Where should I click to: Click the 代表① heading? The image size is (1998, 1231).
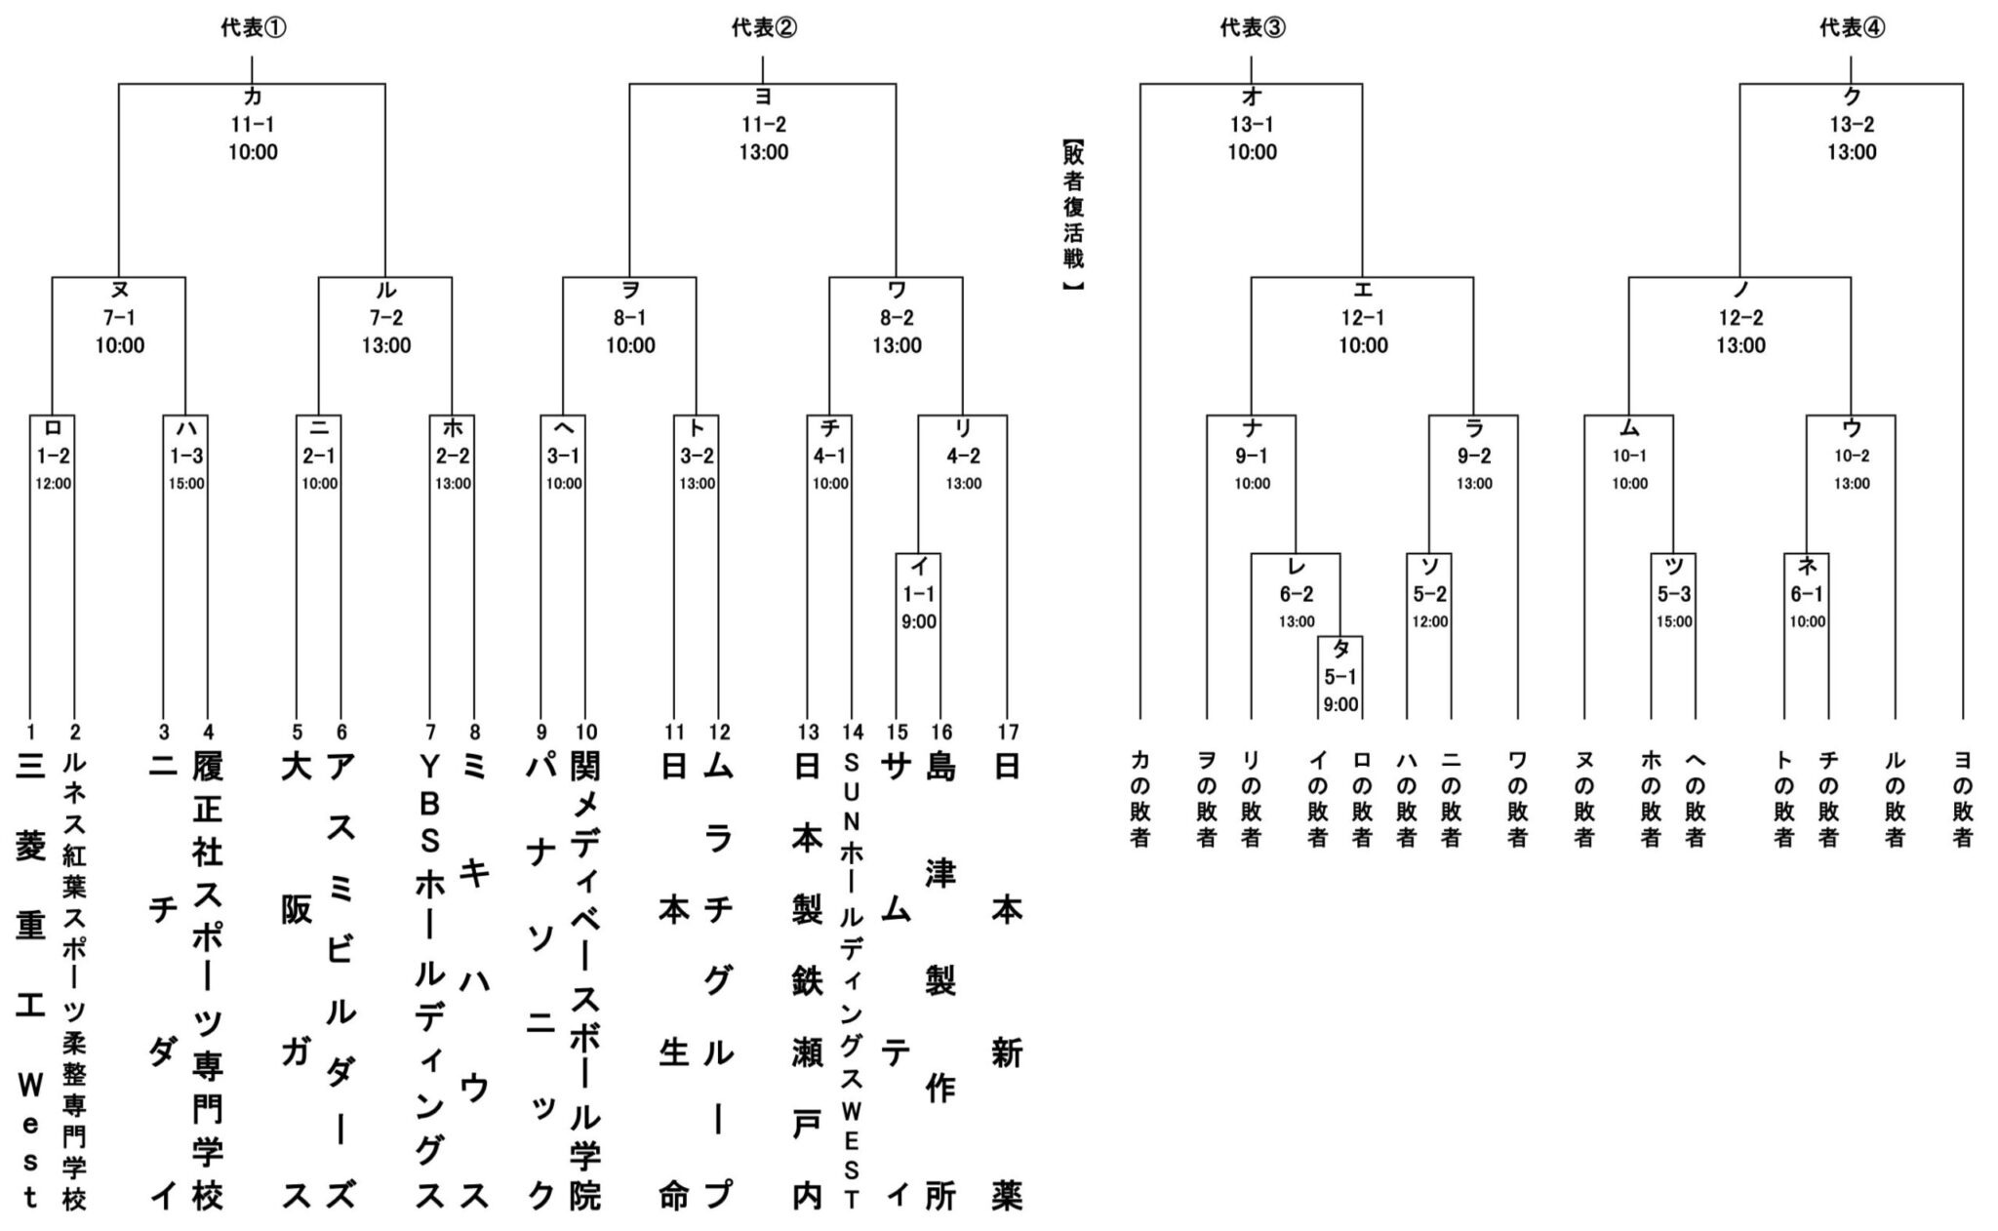253,28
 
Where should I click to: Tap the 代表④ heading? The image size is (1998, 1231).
1852,28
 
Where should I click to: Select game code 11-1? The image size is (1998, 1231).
253,125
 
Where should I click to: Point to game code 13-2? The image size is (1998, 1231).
1852,125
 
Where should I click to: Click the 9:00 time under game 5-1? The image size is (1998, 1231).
1340,703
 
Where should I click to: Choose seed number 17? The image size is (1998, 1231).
1008,732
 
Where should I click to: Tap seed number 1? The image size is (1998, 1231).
30,732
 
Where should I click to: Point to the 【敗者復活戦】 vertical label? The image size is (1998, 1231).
1074,216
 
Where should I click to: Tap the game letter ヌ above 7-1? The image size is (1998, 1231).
119,291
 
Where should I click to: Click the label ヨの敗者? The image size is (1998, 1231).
1963,798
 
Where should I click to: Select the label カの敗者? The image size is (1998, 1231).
1139,798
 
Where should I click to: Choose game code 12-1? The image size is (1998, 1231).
1362,318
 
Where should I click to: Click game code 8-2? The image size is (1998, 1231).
897,318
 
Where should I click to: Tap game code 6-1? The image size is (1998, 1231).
1807,594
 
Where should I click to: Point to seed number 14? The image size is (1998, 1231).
852,732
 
